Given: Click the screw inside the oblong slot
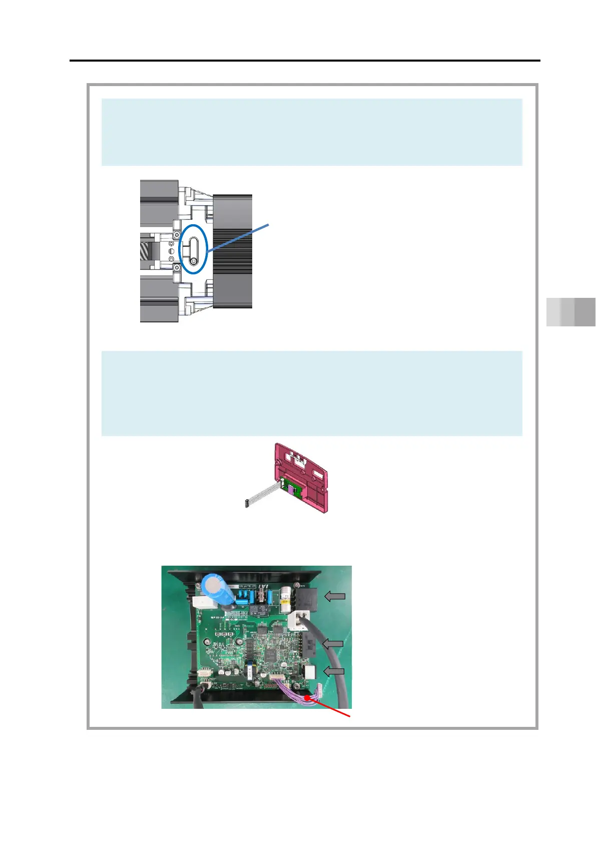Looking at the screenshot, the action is pyautogui.click(x=194, y=261).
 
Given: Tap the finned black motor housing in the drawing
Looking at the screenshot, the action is pyautogui.click(x=233, y=250).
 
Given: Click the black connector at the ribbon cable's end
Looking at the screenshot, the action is pyautogui.click(x=247, y=504).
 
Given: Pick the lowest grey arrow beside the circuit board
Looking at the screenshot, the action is pyautogui.click(x=334, y=671).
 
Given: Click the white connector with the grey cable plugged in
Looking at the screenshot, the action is pyautogui.click(x=299, y=621).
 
